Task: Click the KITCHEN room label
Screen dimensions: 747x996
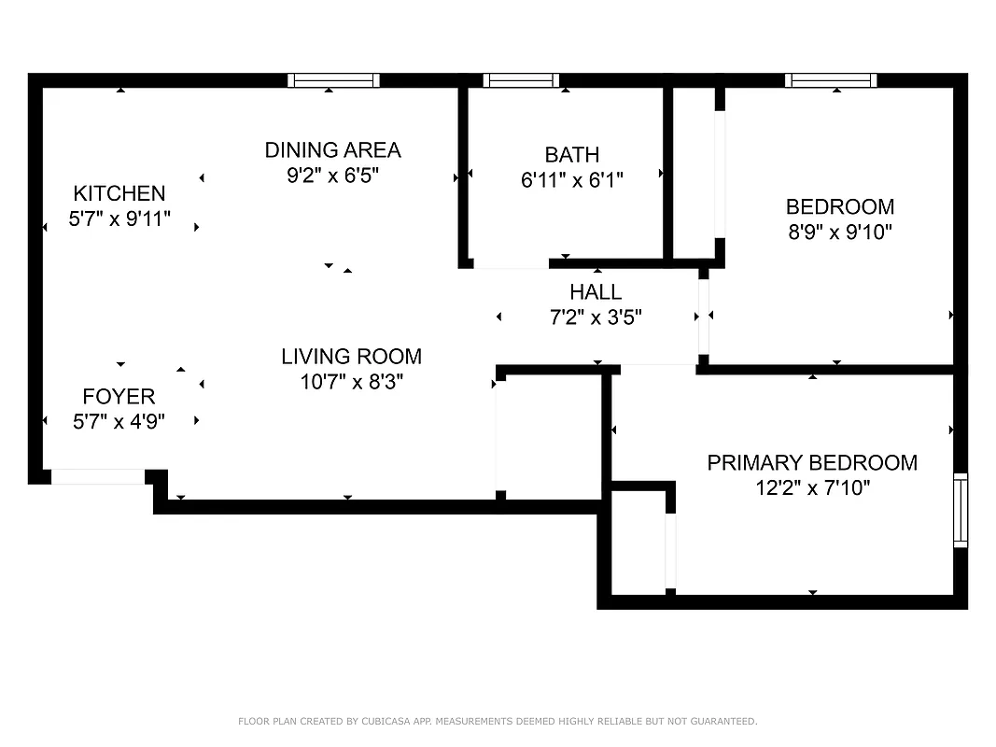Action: click(x=119, y=193)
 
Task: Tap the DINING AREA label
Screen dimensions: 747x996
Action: click(x=332, y=149)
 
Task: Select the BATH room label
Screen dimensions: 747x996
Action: click(x=571, y=154)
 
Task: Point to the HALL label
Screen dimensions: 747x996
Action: click(x=596, y=292)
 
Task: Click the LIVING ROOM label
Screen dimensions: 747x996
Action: click(x=351, y=356)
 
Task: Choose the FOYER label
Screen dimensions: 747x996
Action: click(x=119, y=397)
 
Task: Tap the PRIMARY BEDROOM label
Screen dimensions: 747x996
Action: click(x=812, y=462)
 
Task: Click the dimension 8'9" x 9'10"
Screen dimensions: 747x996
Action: click(x=839, y=232)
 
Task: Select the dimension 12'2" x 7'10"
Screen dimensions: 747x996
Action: click(x=812, y=487)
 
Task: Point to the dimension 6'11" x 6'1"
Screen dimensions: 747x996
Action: click(x=571, y=179)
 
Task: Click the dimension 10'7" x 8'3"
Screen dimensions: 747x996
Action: click(x=351, y=381)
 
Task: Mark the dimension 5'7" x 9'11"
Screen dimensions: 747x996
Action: click(x=119, y=218)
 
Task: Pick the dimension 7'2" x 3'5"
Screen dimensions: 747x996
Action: click(x=596, y=317)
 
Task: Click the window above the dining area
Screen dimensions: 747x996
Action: click(x=333, y=80)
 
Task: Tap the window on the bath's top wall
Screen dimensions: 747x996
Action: click(x=521, y=80)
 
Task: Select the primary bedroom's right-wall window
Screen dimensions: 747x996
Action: click(x=961, y=510)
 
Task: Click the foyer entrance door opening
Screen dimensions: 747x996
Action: click(x=97, y=476)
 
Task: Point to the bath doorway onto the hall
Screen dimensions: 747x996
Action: click(x=511, y=264)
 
